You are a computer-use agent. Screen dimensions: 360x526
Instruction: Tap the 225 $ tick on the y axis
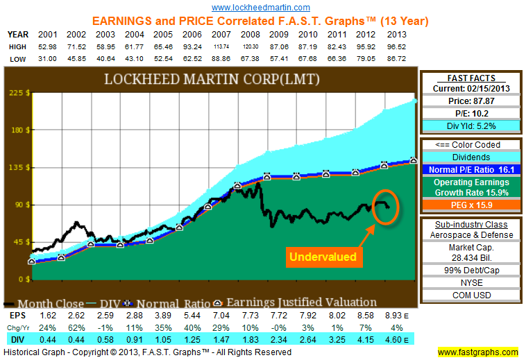[18, 92]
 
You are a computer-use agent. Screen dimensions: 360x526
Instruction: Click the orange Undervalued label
[323, 257]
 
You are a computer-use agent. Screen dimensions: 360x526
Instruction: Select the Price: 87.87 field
[472, 101]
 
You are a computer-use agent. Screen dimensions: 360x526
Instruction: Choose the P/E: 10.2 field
[472, 112]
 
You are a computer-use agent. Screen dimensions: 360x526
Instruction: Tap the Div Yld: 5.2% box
[472, 125]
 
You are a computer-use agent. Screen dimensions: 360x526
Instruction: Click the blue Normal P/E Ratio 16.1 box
[472, 169]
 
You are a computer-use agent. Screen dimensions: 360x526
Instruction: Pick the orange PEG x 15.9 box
[472, 205]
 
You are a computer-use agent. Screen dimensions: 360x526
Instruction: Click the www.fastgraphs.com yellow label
[481, 352]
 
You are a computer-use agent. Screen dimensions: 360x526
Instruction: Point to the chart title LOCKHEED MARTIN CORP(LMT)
[212, 79]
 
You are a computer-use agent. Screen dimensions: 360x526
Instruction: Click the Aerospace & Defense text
[472, 236]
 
